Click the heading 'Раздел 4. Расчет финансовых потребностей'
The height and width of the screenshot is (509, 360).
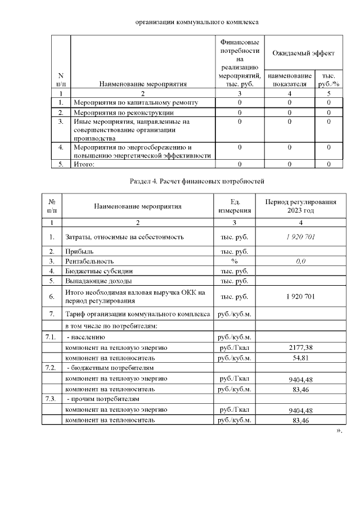click(x=197, y=181)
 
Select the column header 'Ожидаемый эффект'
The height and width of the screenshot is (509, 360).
click(x=303, y=53)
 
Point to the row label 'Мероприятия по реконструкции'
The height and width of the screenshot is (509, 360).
click(x=123, y=112)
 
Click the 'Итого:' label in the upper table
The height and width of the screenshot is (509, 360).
click(x=84, y=164)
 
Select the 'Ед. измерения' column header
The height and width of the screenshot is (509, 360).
click(x=235, y=206)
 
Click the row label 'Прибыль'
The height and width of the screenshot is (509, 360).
click(x=79, y=251)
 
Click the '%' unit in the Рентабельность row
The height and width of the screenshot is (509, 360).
click(x=235, y=262)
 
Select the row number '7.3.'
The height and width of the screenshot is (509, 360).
click(x=52, y=399)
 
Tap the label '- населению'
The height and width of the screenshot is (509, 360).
click(x=86, y=337)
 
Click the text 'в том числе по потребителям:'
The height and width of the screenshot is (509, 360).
click(x=111, y=326)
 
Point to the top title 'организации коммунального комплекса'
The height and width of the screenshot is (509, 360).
click(x=197, y=22)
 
